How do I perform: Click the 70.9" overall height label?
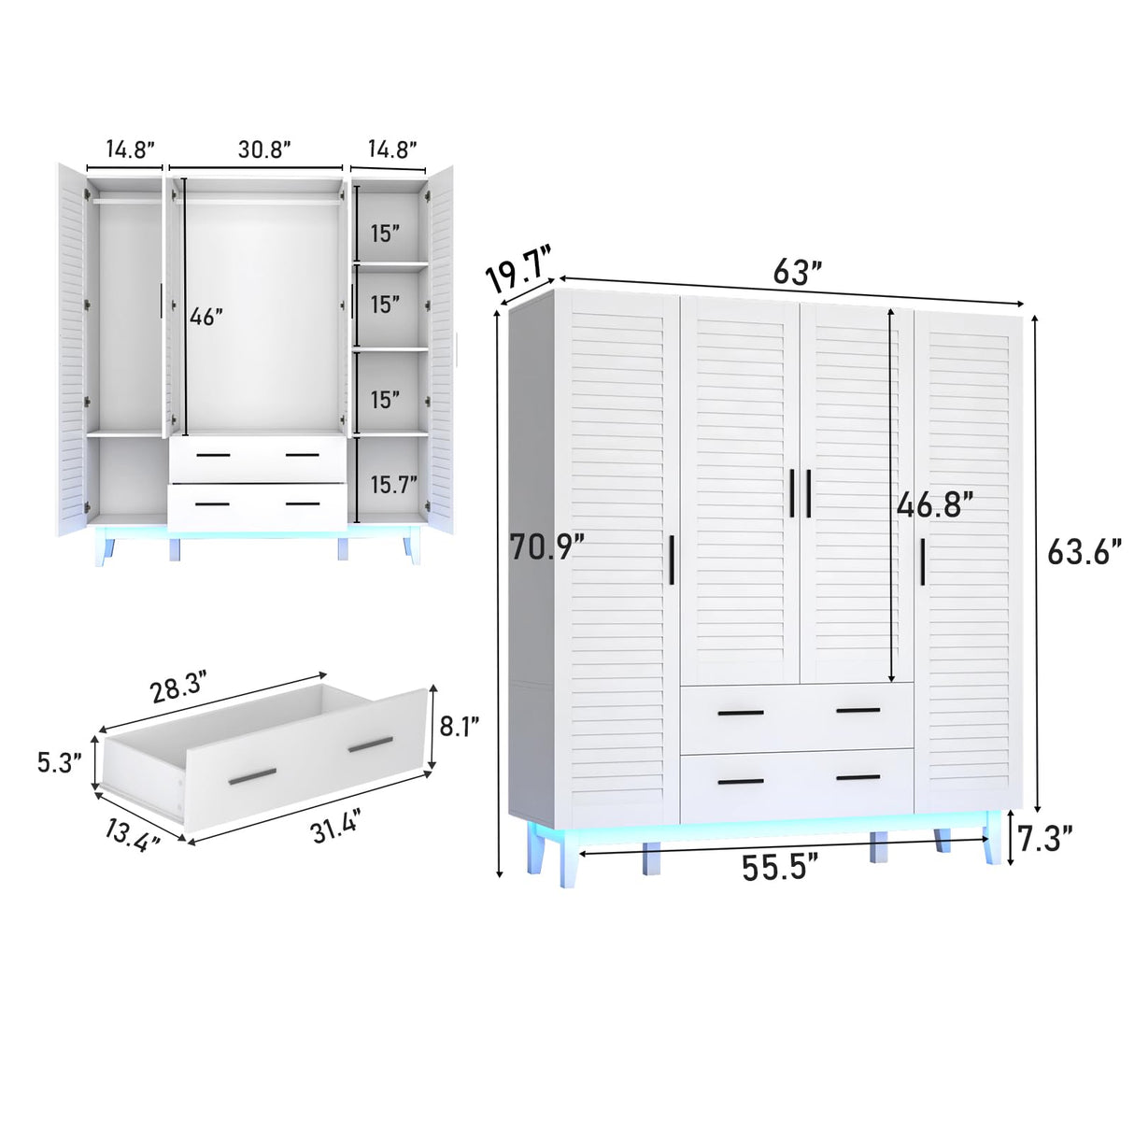[546, 546]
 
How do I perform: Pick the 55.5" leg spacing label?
[780, 868]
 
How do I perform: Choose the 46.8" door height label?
[934, 505]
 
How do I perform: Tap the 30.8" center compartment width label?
[264, 149]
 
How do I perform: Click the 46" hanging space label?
[206, 317]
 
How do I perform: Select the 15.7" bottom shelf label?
[393, 485]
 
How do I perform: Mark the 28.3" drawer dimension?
[177, 688]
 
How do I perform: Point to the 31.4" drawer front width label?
[335, 827]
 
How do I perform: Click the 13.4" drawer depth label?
[132, 831]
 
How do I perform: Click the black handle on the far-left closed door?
[672, 560]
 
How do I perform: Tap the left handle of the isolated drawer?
[252, 775]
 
